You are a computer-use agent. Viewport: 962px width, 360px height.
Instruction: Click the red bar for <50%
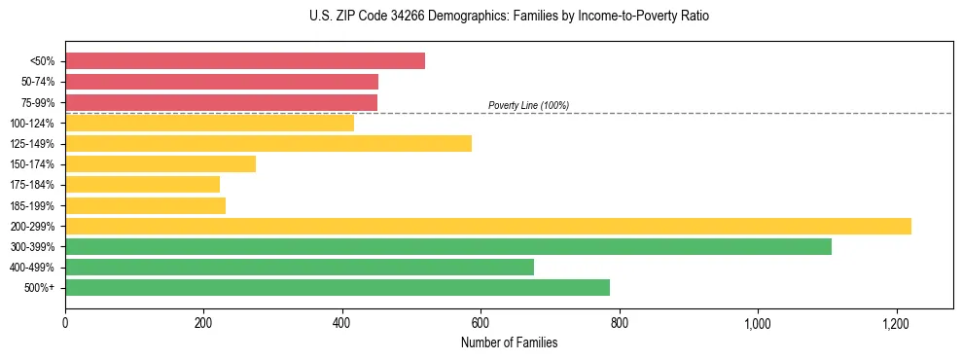pos(245,61)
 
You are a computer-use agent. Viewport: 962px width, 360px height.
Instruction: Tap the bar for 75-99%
pos(221,102)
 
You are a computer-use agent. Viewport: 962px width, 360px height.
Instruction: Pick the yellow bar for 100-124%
pos(209,123)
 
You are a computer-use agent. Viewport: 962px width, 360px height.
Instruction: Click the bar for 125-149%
pos(268,144)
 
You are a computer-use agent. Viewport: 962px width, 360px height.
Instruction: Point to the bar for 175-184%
pos(142,185)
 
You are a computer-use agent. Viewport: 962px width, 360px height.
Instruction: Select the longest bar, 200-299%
pos(488,226)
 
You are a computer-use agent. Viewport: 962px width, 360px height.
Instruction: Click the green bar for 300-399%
pos(448,246)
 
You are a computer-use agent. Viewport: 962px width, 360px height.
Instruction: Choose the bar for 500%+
pos(338,287)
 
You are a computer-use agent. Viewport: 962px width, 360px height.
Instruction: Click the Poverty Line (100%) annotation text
pos(528,105)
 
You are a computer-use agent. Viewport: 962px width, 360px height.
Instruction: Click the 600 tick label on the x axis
pos(481,323)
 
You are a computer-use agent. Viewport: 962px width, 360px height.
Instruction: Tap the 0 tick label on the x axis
pos(65,323)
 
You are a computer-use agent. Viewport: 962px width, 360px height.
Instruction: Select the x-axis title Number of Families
pos(509,342)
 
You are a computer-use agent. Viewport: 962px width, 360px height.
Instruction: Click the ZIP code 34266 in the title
pos(400,17)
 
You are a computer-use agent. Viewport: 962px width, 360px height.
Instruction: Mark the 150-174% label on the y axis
pos(32,164)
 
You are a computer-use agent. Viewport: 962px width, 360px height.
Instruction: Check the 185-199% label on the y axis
pos(32,205)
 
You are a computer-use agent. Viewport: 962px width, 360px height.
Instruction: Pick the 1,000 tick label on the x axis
pos(757,323)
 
